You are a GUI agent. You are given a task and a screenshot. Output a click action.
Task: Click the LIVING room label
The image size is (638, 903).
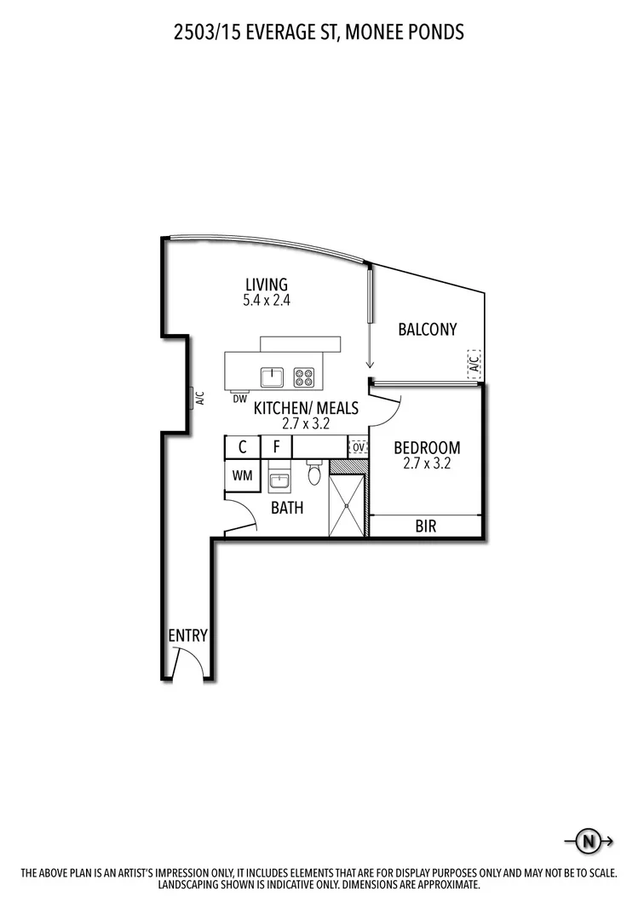tap(267, 285)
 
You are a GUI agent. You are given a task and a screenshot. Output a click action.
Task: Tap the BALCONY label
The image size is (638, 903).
tap(428, 329)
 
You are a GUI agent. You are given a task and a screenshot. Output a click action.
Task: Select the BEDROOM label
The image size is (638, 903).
tap(427, 447)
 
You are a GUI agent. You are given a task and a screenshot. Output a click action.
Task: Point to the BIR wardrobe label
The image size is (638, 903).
tap(426, 526)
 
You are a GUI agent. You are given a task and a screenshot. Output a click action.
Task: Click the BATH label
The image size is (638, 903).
tap(287, 509)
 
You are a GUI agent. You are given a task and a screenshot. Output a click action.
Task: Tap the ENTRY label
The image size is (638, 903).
tap(187, 636)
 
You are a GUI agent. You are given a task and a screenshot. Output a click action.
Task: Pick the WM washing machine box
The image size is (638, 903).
tap(242, 475)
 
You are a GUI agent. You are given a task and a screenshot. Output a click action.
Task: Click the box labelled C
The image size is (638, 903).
tap(243, 446)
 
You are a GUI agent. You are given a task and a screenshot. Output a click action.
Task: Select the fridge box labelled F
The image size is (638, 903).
tap(276, 446)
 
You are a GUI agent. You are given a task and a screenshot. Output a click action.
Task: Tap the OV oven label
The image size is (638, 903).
tap(359, 446)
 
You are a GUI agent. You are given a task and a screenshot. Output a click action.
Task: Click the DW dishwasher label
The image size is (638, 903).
tap(239, 398)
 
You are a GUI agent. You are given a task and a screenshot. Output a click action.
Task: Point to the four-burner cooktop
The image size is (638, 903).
tap(304, 376)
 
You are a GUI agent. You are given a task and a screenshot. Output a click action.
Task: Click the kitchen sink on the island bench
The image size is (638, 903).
tap(273, 376)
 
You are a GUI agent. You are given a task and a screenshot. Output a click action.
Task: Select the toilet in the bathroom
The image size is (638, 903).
tap(314, 473)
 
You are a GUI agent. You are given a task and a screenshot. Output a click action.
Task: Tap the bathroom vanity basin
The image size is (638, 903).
tap(279, 480)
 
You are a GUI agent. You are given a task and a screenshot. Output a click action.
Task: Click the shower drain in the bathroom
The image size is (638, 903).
tap(347, 504)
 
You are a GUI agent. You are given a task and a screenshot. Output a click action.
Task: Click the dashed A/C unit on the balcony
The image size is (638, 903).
tap(474, 365)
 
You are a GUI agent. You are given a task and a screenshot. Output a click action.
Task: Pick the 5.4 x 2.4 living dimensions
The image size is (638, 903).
tap(267, 300)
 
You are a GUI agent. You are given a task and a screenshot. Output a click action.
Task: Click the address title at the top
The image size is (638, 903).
tap(319, 32)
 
